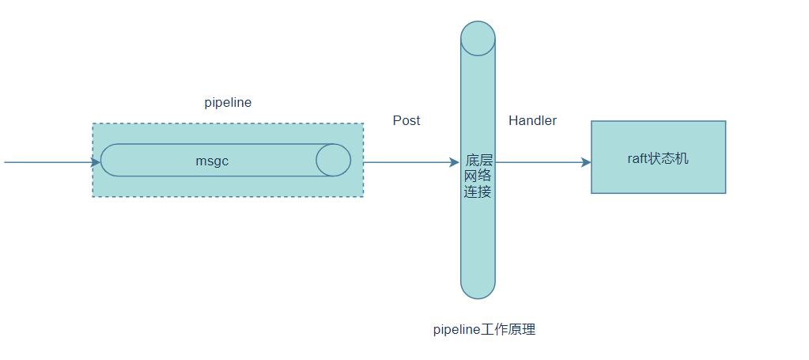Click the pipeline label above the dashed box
coord(228,103)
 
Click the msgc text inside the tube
coord(212,161)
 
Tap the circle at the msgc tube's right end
coord(333,160)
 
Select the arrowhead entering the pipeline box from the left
coord(96,163)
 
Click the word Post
coord(406,120)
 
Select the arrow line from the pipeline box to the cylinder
coord(407,163)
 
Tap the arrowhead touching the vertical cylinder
coord(454,163)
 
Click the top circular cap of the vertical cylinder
coord(478,37)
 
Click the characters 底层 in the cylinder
coord(478,160)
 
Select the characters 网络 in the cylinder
coord(478,176)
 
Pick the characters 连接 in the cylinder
coord(478,191)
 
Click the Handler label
coord(532,120)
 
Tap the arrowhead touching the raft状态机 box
coord(586,163)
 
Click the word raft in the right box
coord(637,158)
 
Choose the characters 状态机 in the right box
coord(669,158)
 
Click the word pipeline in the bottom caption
coord(457,330)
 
